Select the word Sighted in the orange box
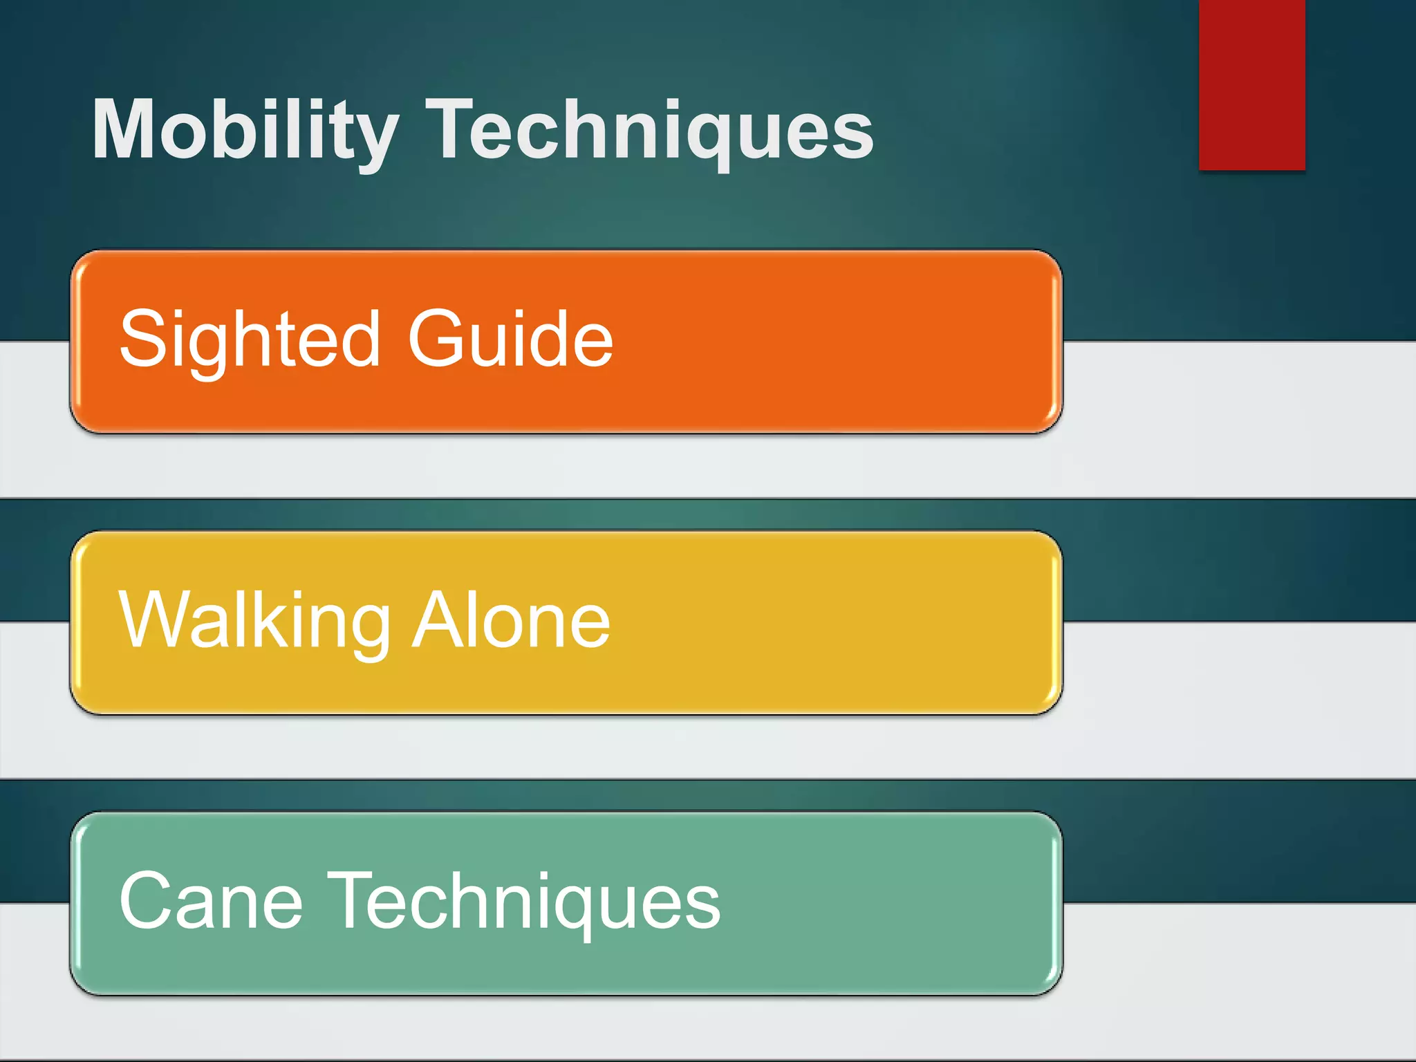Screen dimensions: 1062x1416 (250, 339)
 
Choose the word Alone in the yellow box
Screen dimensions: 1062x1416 (511, 620)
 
